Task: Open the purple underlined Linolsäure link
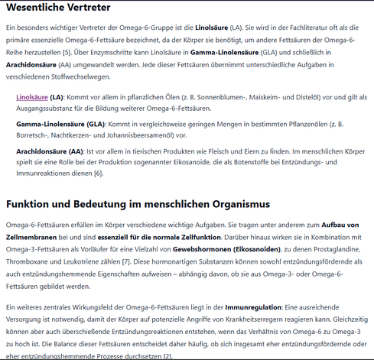[32, 98]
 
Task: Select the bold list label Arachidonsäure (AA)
[50, 151]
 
